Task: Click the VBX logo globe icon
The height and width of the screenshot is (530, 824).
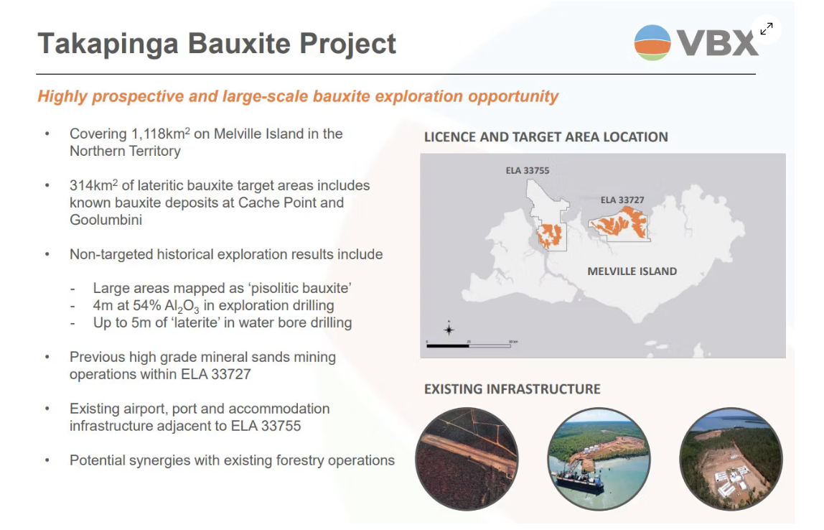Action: tap(652, 42)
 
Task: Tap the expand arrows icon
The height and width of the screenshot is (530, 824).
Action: tap(767, 29)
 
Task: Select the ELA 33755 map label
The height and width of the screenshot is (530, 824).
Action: tap(528, 170)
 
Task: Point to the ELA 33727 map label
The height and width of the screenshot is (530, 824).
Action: tap(622, 200)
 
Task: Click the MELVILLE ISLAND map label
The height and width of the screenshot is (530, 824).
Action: tap(632, 271)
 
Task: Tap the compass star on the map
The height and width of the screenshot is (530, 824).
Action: tap(449, 329)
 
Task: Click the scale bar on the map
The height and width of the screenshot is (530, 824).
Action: tap(469, 345)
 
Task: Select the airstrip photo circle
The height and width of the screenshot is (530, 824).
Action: tap(467, 459)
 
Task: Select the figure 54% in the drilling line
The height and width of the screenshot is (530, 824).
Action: tap(147, 305)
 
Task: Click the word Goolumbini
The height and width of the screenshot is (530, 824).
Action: tap(106, 220)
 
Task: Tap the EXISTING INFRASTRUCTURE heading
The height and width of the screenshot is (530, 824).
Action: tap(512, 389)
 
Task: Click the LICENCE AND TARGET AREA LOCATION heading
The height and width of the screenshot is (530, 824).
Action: tap(546, 137)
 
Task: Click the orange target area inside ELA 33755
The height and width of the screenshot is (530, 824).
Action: tap(549, 236)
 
